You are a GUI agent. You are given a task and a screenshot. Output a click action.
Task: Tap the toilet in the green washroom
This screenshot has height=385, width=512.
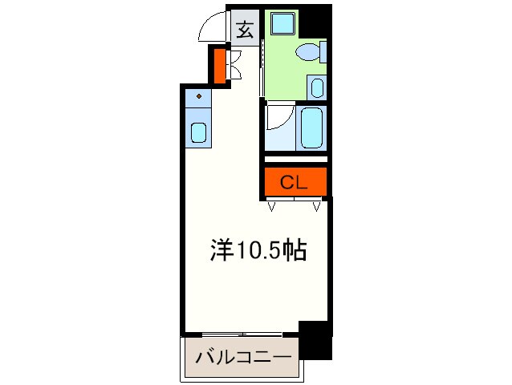tap(309, 53)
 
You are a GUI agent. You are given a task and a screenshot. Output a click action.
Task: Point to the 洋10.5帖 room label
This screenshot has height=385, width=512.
tap(258, 252)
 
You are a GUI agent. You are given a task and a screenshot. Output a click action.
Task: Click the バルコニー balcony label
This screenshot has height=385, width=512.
tap(242, 355)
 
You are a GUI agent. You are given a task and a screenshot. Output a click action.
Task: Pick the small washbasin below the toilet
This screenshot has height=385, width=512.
tap(317, 87)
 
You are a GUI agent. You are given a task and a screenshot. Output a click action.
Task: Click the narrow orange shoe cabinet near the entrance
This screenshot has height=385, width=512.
tap(218, 67)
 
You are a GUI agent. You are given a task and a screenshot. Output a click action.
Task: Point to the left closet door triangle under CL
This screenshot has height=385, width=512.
tap(271, 207)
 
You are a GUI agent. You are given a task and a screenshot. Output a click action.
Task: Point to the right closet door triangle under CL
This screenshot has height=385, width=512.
tap(319, 207)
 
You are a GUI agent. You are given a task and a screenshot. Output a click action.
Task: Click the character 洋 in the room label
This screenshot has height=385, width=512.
tap(222, 252)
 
